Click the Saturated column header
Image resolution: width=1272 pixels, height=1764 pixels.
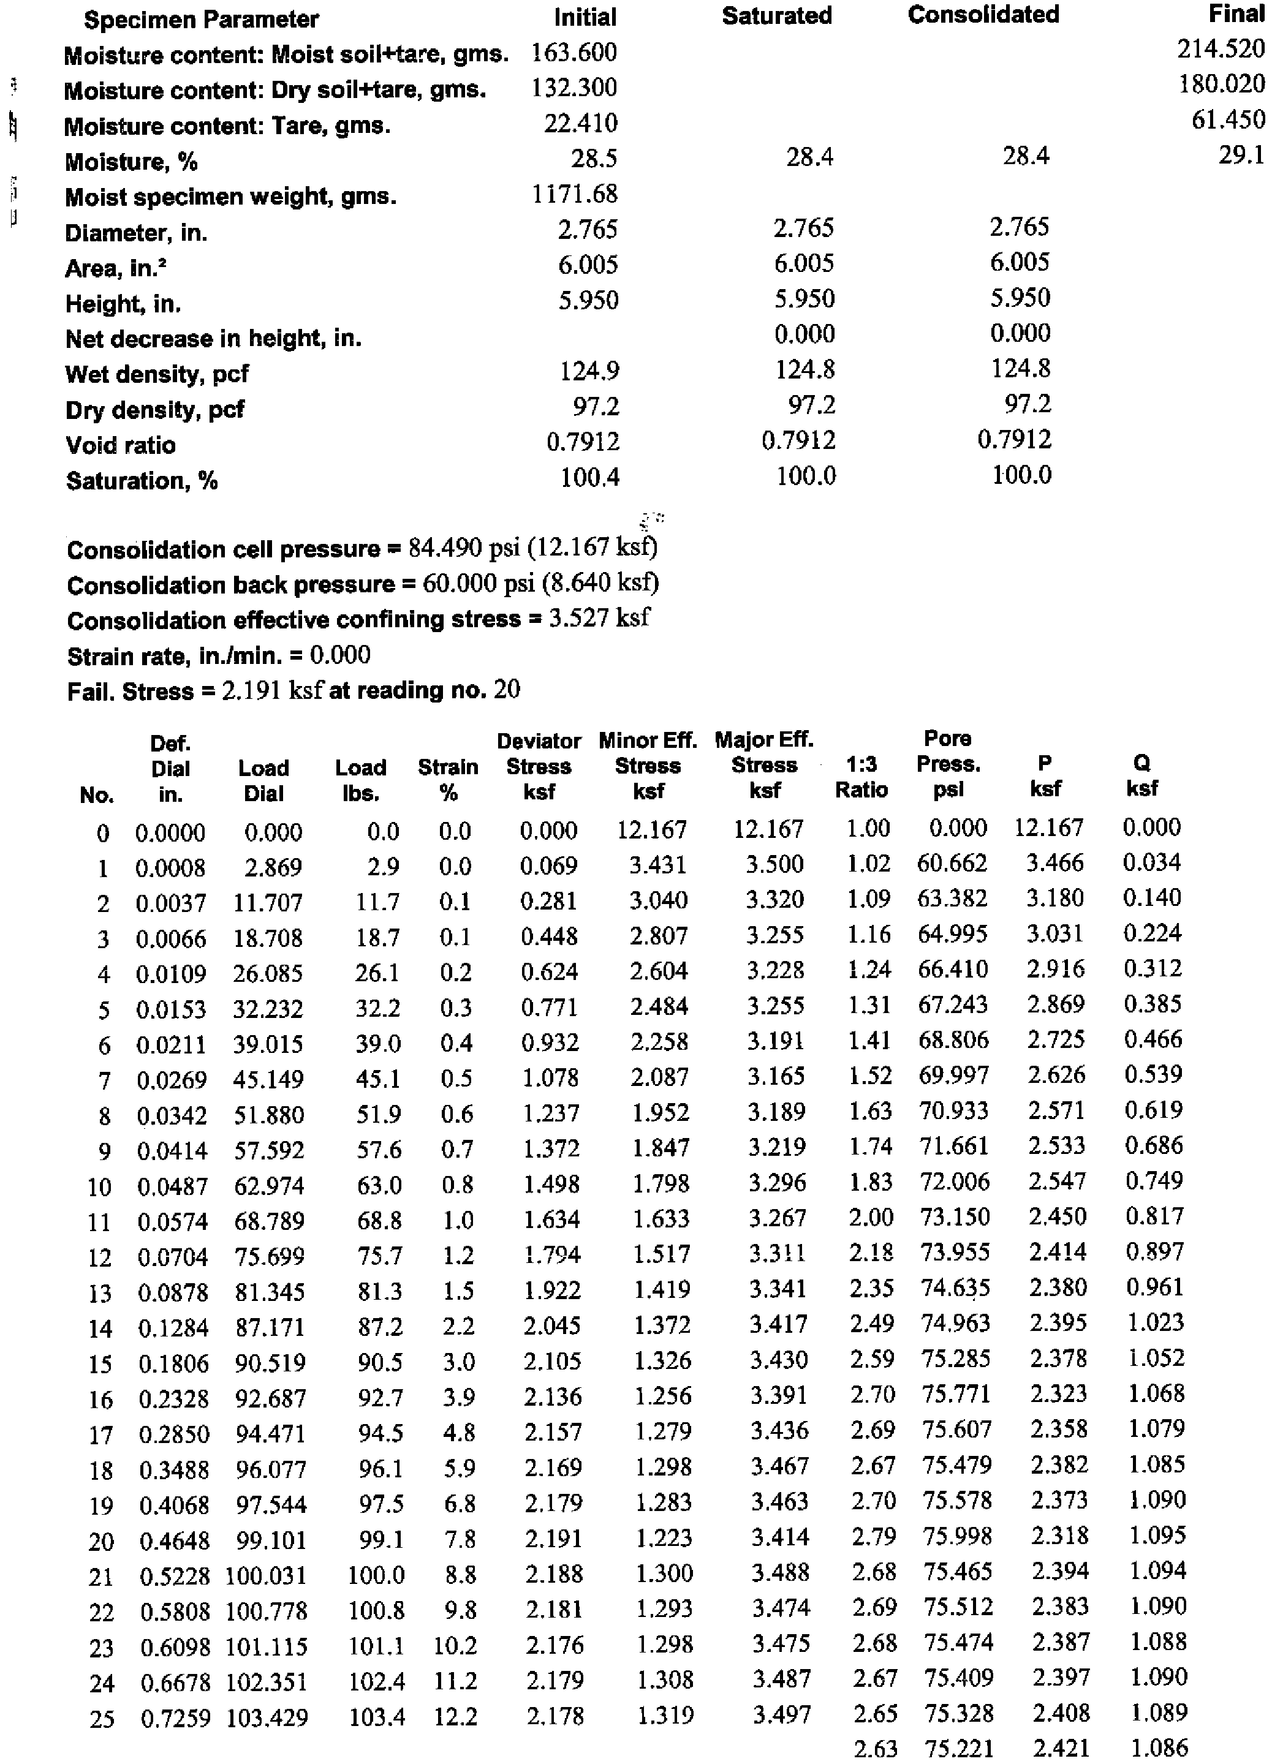point(776,15)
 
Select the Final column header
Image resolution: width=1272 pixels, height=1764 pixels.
point(1236,14)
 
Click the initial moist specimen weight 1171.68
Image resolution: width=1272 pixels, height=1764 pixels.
point(574,194)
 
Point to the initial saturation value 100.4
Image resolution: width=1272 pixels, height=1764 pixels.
point(589,477)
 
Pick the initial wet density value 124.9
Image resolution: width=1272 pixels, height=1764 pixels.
point(589,371)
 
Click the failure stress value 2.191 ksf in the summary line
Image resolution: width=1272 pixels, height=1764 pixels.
point(271,690)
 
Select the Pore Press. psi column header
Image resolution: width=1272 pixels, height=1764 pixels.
point(948,764)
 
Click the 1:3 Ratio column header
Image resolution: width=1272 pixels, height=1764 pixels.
point(861,777)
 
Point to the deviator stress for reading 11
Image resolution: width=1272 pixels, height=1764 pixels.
point(551,1219)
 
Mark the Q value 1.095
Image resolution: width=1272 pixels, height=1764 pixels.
point(1157,1536)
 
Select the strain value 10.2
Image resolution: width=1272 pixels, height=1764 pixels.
point(455,1646)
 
